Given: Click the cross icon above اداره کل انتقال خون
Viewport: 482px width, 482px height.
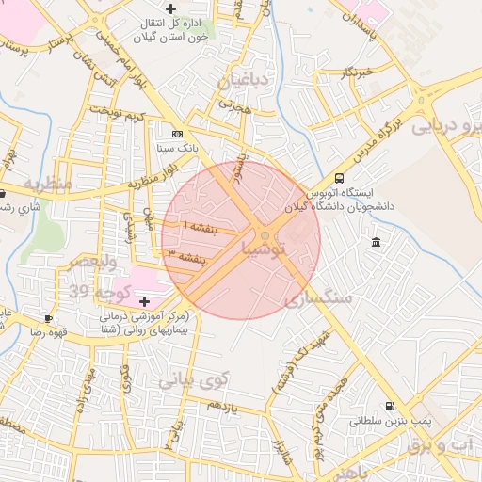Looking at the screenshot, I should point(169,8).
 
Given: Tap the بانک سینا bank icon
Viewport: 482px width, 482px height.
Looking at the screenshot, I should point(178,134).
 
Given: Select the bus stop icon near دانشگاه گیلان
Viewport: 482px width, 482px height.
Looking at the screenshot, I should point(339,178).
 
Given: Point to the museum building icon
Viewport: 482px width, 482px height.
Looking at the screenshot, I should point(377,244).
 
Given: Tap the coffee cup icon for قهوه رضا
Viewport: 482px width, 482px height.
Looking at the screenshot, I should point(48,318).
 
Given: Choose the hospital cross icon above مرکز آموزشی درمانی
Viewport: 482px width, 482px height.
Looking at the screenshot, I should point(144,301).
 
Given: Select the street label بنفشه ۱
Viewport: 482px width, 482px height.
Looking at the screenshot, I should point(199,229).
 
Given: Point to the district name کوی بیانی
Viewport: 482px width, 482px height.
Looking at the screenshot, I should point(193,380).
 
